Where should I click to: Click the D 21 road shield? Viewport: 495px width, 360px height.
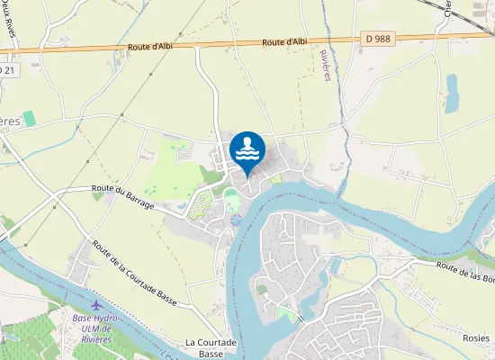point(6,69)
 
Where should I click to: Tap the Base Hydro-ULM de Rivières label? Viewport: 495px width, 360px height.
point(94,325)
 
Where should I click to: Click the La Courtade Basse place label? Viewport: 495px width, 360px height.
point(211,348)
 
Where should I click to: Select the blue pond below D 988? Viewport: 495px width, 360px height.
point(452,90)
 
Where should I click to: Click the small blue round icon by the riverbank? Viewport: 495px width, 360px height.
point(236,220)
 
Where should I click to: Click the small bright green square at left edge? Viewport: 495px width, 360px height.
point(29,118)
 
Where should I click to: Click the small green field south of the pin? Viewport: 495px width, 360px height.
point(232,200)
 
